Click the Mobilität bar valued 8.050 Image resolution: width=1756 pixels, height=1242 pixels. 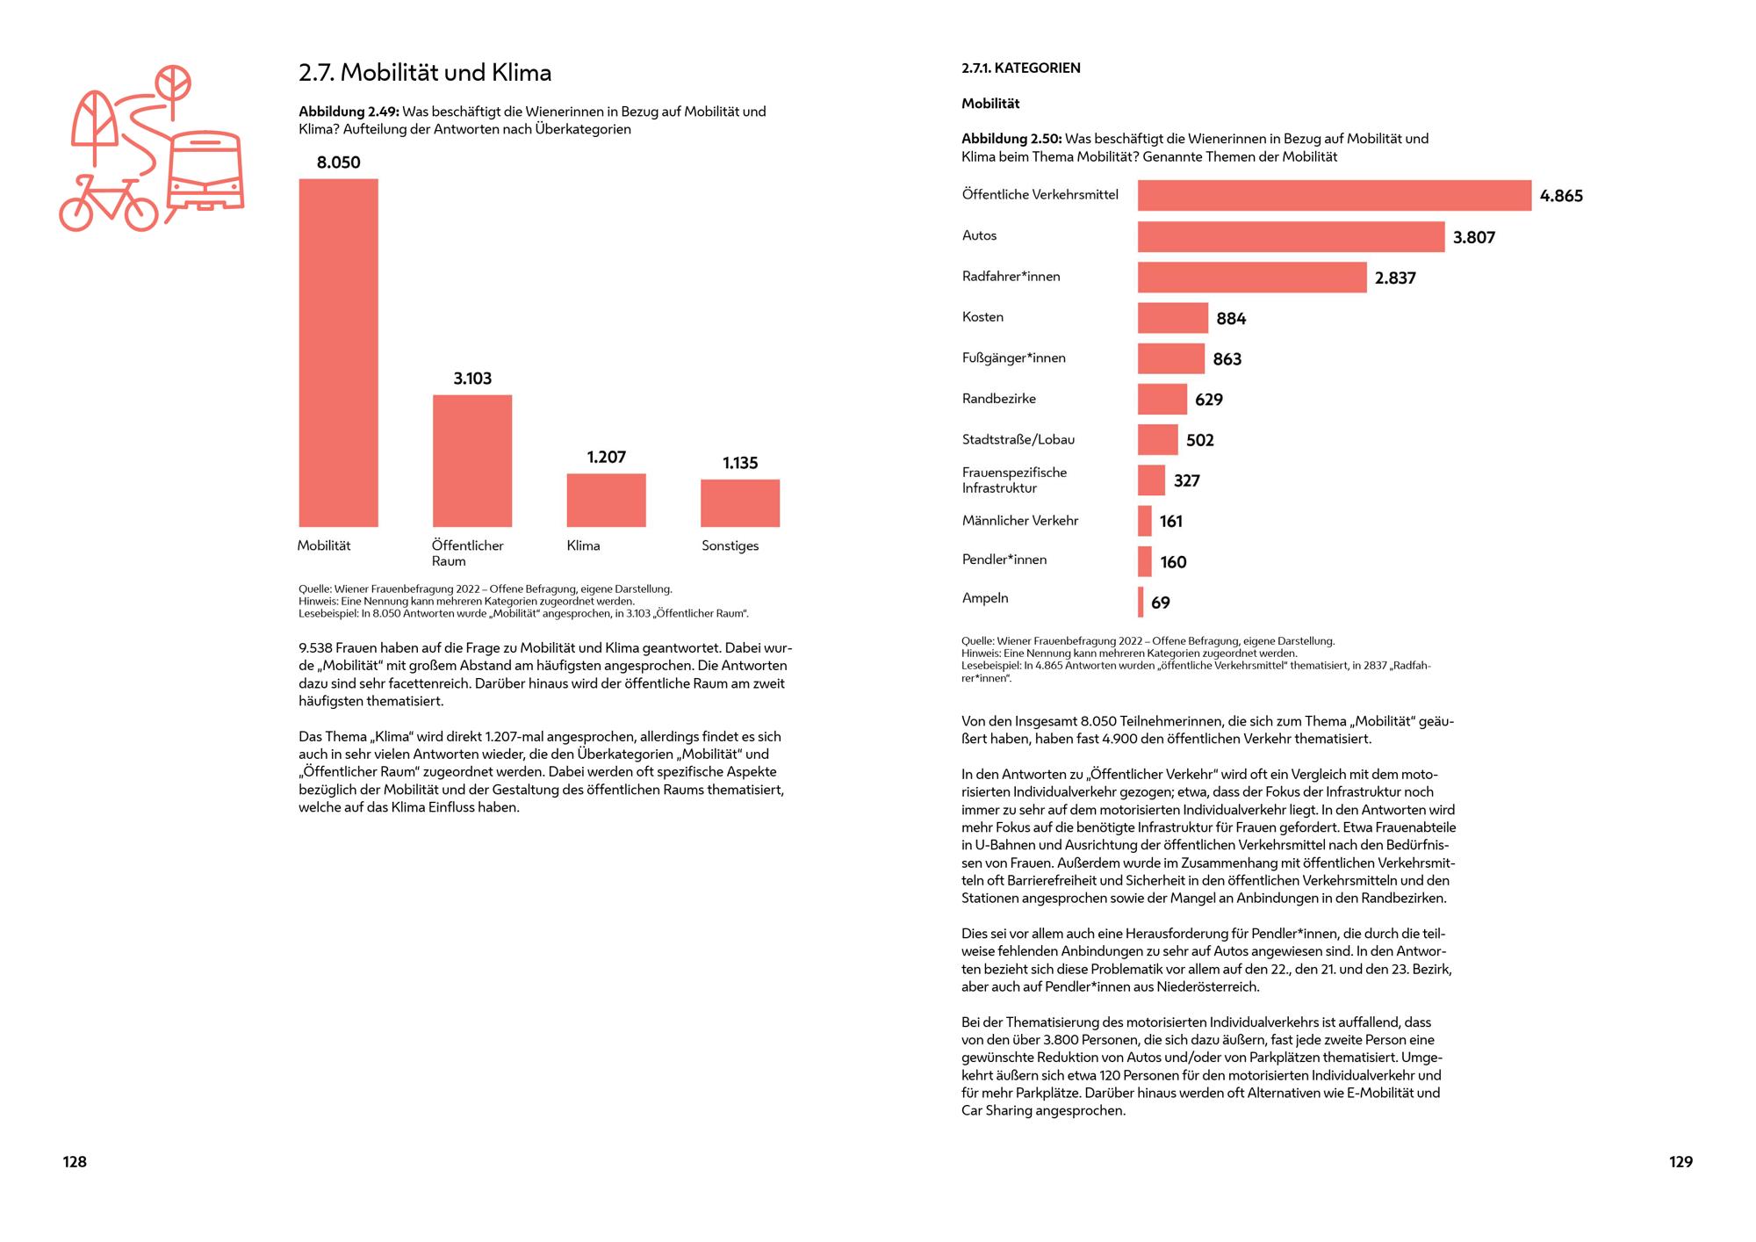[338, 352]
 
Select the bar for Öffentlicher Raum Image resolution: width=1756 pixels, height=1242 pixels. [471, 460]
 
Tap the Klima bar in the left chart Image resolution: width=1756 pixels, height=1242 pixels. [606, 500]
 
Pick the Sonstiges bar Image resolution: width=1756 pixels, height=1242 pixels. [739, 502]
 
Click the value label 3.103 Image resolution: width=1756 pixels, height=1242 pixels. [472, 379]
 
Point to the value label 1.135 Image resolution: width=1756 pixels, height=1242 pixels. [740, 463]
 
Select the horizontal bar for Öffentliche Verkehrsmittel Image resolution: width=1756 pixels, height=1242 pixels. [1334, 195]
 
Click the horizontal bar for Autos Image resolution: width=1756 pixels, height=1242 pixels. [1291, 236]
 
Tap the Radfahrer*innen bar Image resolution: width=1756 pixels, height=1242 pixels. [1251, 277]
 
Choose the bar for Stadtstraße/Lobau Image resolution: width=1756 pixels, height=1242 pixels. [1157, 439]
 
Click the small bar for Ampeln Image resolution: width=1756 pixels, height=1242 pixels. [1141, 602]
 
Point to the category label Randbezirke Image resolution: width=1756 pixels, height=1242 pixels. [998, 399]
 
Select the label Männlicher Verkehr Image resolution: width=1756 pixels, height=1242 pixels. [1019, 521]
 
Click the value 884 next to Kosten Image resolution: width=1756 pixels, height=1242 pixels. [1231, 319]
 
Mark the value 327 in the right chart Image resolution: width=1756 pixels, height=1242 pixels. [1186, 480]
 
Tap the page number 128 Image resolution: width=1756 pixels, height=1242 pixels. [75, 1162]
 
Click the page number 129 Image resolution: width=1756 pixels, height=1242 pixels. [1680, 1162]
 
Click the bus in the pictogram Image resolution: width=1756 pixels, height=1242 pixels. [205, 171]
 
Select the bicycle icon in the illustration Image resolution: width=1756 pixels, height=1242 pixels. [108, 204]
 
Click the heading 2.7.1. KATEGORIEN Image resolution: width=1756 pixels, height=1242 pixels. [1020, 68]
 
